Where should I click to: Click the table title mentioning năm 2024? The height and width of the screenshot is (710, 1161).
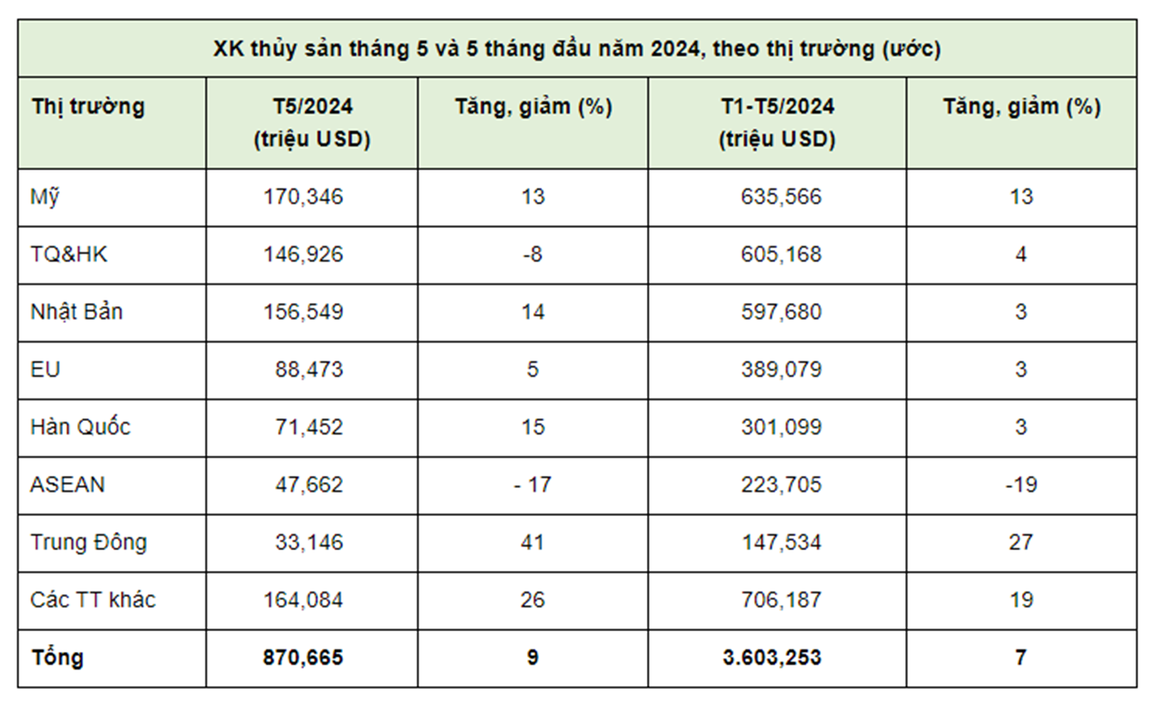tap(577, 49)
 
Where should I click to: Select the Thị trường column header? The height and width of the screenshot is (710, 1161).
tap(88, 107)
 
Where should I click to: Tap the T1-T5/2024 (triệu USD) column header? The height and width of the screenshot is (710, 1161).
tap(778, 122)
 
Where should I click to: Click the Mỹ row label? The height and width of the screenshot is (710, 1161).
tap(44, 197)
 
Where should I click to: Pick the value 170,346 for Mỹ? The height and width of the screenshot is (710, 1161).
tap(303, 197)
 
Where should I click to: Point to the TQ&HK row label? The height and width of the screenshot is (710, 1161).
tap(68, 254)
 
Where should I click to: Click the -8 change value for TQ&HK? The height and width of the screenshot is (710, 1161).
tap(532, 254)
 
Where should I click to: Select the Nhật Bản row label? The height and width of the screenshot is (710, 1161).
tap(76, 312)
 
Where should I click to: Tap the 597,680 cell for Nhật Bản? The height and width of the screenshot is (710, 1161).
tap(781, 312)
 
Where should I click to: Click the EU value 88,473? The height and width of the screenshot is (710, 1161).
tap(309, 369)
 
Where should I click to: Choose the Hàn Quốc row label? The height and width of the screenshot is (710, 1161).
tap(80, 427)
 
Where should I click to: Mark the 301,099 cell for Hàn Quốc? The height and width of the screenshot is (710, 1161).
tap(781, 427)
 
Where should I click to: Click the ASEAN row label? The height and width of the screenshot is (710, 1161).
tap(67, 484)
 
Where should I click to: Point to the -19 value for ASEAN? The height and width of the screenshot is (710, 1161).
tap(1021, 484)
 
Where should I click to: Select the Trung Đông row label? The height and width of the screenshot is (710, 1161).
tap(88, 542)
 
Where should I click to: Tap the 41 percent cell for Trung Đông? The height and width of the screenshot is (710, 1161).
tap(532, 542)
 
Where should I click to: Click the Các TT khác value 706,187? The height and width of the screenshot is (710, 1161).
tap(781, 600)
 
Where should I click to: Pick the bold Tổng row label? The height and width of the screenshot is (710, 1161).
tap(57, 657)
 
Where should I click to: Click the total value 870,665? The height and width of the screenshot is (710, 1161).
tap(303, 657)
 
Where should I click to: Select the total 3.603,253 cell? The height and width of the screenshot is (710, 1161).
tap(772, 657)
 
